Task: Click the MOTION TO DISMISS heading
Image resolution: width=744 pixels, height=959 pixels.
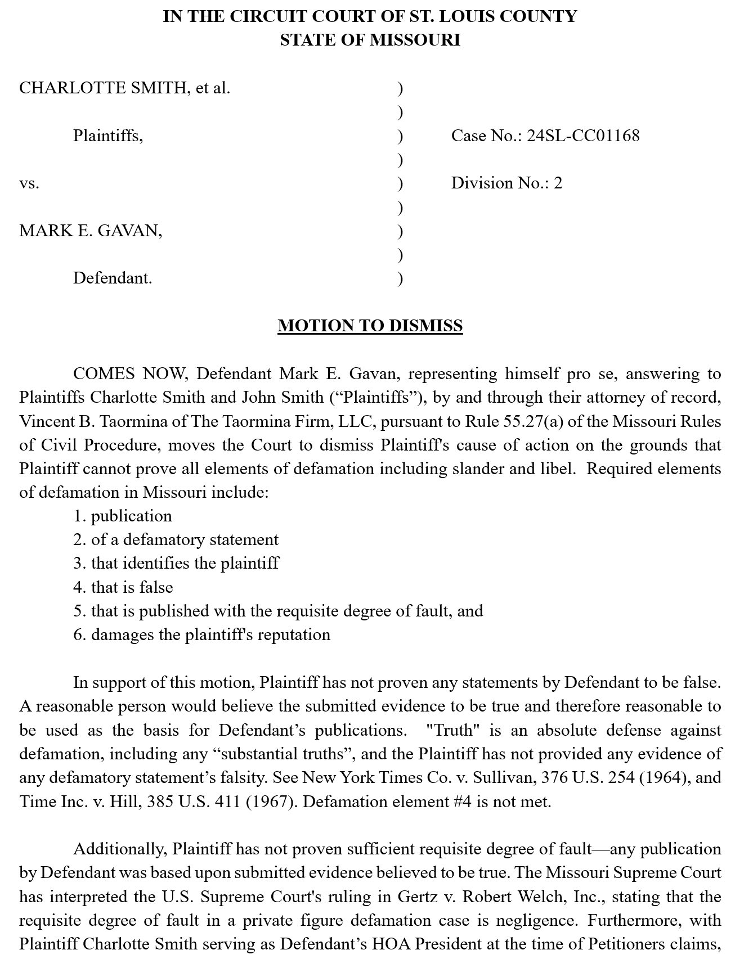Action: point(370,326)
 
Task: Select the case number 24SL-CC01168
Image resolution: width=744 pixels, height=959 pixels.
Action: point(583,136)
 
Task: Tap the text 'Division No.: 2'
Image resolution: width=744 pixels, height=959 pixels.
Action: point(507,183)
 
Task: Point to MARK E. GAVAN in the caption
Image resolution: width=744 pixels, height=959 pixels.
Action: point(91,231)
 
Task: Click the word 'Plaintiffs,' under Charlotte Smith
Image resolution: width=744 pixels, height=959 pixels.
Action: point(108,136)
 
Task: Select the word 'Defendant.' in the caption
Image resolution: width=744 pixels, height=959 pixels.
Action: point(113,278)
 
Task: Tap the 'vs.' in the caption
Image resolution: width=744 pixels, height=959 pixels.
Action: point(29,183)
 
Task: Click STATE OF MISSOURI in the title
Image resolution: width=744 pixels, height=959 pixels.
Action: point(370,40)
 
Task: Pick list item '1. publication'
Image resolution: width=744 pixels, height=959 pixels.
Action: point(123,516)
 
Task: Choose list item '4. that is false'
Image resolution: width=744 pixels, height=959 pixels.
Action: point(123,587)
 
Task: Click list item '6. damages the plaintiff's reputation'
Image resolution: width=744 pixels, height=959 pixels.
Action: point(201,634)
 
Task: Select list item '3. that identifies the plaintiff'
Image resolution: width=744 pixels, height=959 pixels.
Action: point(176,563)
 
